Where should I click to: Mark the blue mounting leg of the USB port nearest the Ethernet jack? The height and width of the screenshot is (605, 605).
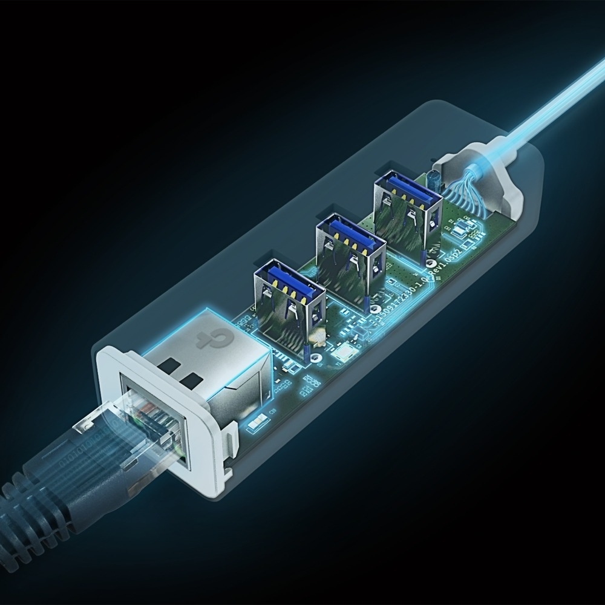click(308, 352)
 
